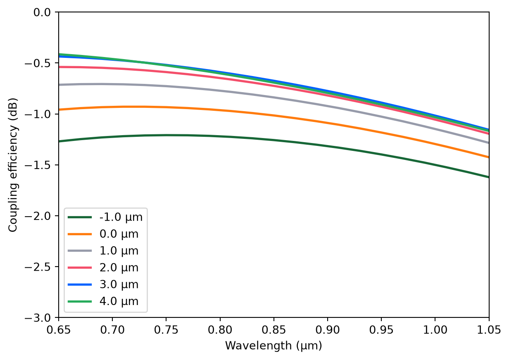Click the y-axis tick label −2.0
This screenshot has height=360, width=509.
coord(38,216)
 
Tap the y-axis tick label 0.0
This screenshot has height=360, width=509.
coord(42,12)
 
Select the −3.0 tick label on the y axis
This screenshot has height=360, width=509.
coord(38,318)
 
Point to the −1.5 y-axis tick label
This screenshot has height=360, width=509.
coord(38,165)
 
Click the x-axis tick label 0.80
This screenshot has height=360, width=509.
coord(220,330)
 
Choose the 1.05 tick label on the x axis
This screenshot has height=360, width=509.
coord(489,330)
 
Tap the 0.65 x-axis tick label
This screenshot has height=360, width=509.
coord(59,330)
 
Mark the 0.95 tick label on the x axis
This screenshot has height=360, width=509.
coord(381,330)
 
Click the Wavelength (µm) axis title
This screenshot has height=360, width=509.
coord(274,346)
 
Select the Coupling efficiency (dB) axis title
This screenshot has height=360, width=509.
coord(13,165)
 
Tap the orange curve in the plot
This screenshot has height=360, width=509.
coord(274,115)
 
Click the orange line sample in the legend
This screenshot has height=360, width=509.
coord(80,234)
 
